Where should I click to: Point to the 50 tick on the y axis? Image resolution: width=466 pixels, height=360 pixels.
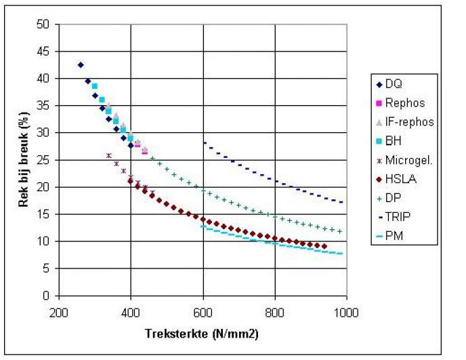click(45, 24)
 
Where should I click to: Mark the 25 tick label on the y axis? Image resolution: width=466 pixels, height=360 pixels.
click(45, 160)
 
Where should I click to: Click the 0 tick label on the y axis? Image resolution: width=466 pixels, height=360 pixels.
click(48, 296)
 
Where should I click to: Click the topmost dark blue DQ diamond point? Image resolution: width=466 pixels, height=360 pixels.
click(81, 65)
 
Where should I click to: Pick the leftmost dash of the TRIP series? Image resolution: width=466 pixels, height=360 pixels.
click(205, 142)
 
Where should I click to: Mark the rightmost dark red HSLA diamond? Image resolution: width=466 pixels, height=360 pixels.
click(324, 246)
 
